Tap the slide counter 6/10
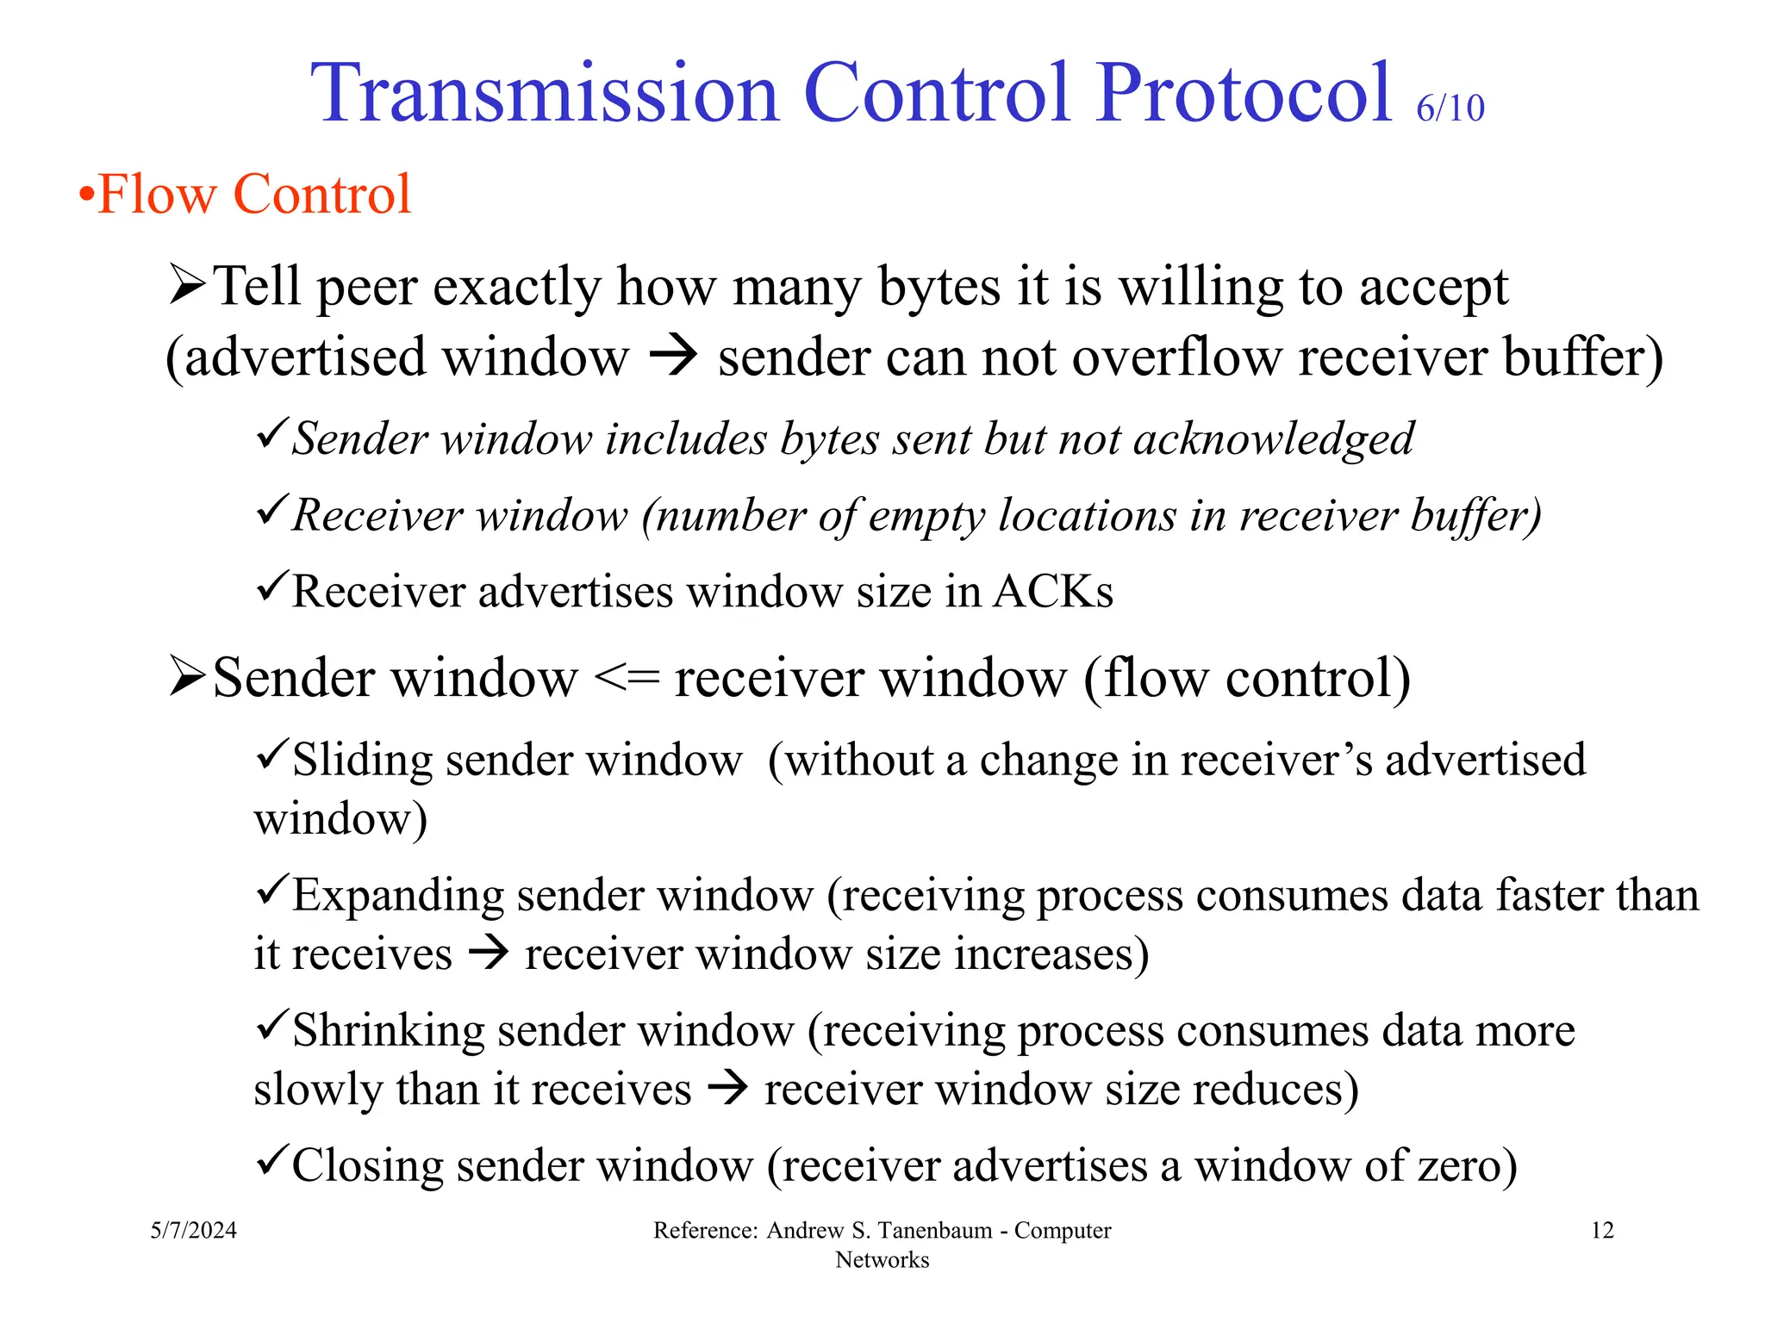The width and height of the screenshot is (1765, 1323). [1450, 109]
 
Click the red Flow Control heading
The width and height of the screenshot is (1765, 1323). [253, 194]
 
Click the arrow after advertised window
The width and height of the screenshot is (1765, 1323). [672, 357]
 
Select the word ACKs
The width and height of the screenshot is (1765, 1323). [1052, 592]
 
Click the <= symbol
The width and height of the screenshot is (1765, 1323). [627, 679]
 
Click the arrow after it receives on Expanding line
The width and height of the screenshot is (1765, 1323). [488, 953]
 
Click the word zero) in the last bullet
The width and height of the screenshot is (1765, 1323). [1468, 1166]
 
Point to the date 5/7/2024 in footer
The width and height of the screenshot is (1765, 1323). [193, 1230]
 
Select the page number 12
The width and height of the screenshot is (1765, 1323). [1601, 1230]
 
